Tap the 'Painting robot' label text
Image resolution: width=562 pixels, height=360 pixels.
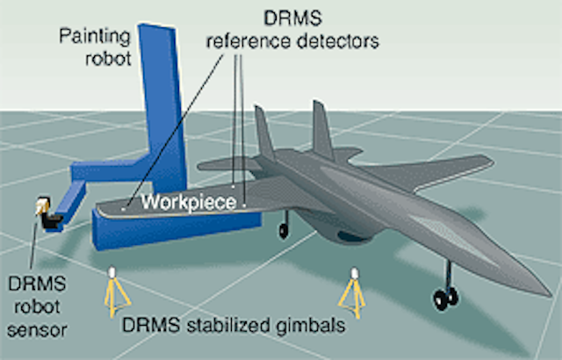[x=95, y=49]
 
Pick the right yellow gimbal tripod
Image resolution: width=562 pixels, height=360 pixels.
[x=355, y=292]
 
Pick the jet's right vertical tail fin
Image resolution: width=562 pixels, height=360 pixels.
[x=321, y=127]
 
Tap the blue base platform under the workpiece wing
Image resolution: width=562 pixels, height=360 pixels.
[x=176, y=230]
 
